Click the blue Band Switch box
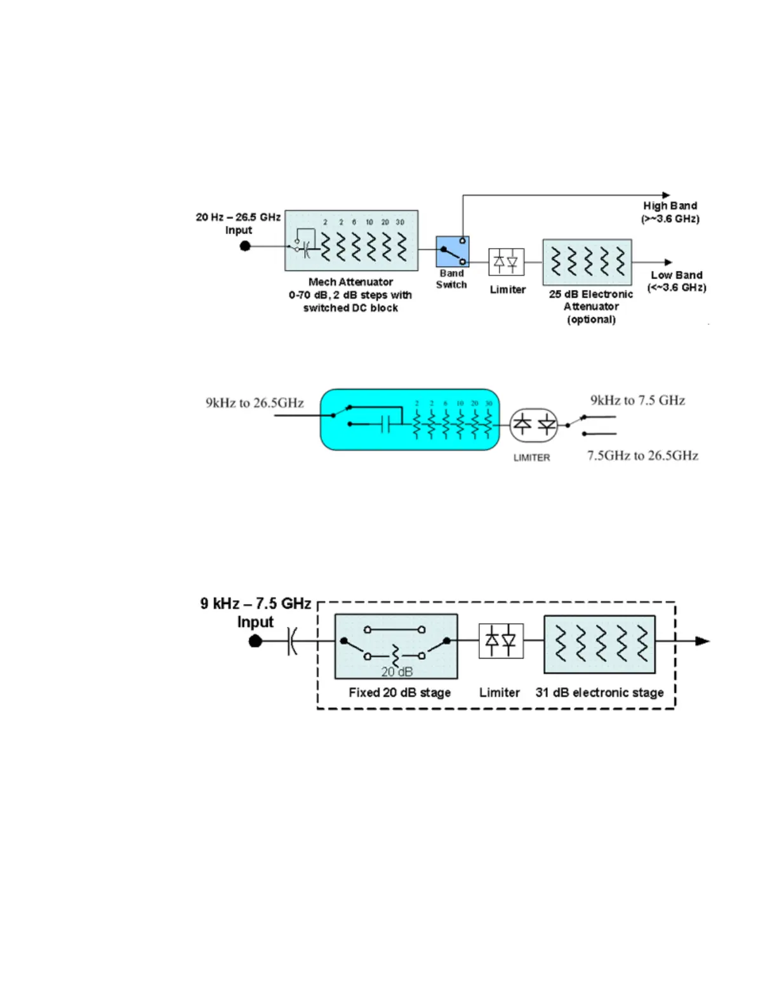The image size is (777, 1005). [452, 251]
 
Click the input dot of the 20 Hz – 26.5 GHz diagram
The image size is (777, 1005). [245, 246]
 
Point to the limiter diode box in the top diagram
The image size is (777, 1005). [506, 261]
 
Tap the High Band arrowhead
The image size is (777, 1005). [666, 195]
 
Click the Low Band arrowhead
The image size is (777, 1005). [668, 262]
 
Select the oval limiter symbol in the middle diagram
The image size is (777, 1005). [534, 425]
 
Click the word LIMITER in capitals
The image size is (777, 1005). [531, 457]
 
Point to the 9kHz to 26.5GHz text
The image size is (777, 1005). [255, 403]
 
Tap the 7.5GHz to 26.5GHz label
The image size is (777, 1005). [642, 456]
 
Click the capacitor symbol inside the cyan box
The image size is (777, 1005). [385, 424]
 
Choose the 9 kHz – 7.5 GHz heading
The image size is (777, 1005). [256, 603]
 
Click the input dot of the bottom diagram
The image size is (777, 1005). [255, 641]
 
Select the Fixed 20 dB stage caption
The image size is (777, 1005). [399, 692]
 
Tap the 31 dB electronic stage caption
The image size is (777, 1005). [599, 692]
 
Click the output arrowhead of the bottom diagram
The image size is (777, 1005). [702, 641]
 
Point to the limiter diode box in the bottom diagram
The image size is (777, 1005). [501, 641]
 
